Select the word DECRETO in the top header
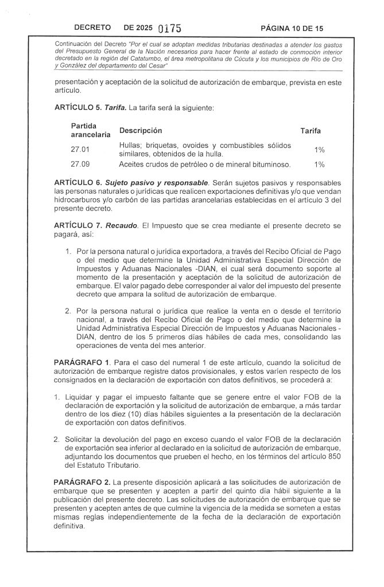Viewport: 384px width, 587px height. (x=92, y=28)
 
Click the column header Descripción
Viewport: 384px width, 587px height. (x=141, y=131)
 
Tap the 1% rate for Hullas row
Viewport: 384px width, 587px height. (x=320, y=150)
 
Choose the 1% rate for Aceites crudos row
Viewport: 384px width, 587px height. (x=320, y=165)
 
